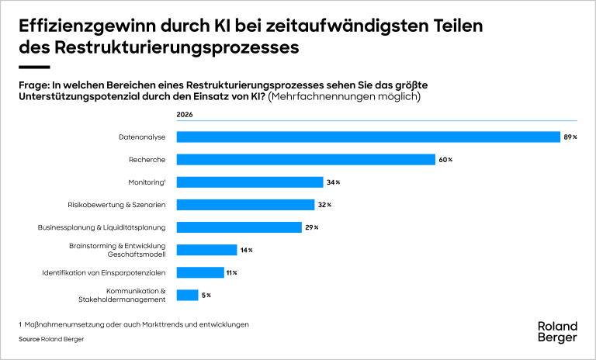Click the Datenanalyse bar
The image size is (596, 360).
(369, 137)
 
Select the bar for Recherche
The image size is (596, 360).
(306, 160)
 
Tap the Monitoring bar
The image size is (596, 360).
(250, 182)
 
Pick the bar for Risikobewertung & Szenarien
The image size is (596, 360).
(245, 205)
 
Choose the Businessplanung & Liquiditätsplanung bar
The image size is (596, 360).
(239, 227)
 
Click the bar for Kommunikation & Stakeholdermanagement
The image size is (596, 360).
(187, 295)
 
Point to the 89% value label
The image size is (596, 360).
(570, 137)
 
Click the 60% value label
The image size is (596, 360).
(445, 160)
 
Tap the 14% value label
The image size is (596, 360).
(246, 250)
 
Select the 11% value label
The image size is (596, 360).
(232, 272)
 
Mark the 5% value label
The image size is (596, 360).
(206, 296)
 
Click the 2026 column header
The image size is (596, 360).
(185, 115)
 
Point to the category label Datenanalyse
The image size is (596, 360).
(142, 137)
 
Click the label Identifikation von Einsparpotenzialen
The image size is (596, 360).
(104, 272)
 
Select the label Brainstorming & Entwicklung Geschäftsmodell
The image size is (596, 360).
(117, 250)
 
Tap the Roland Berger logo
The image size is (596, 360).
(558, 332)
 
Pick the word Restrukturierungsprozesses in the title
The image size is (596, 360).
(177, 48)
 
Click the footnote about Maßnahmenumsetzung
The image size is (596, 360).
(133, 324)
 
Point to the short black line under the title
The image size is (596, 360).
(35, 67)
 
